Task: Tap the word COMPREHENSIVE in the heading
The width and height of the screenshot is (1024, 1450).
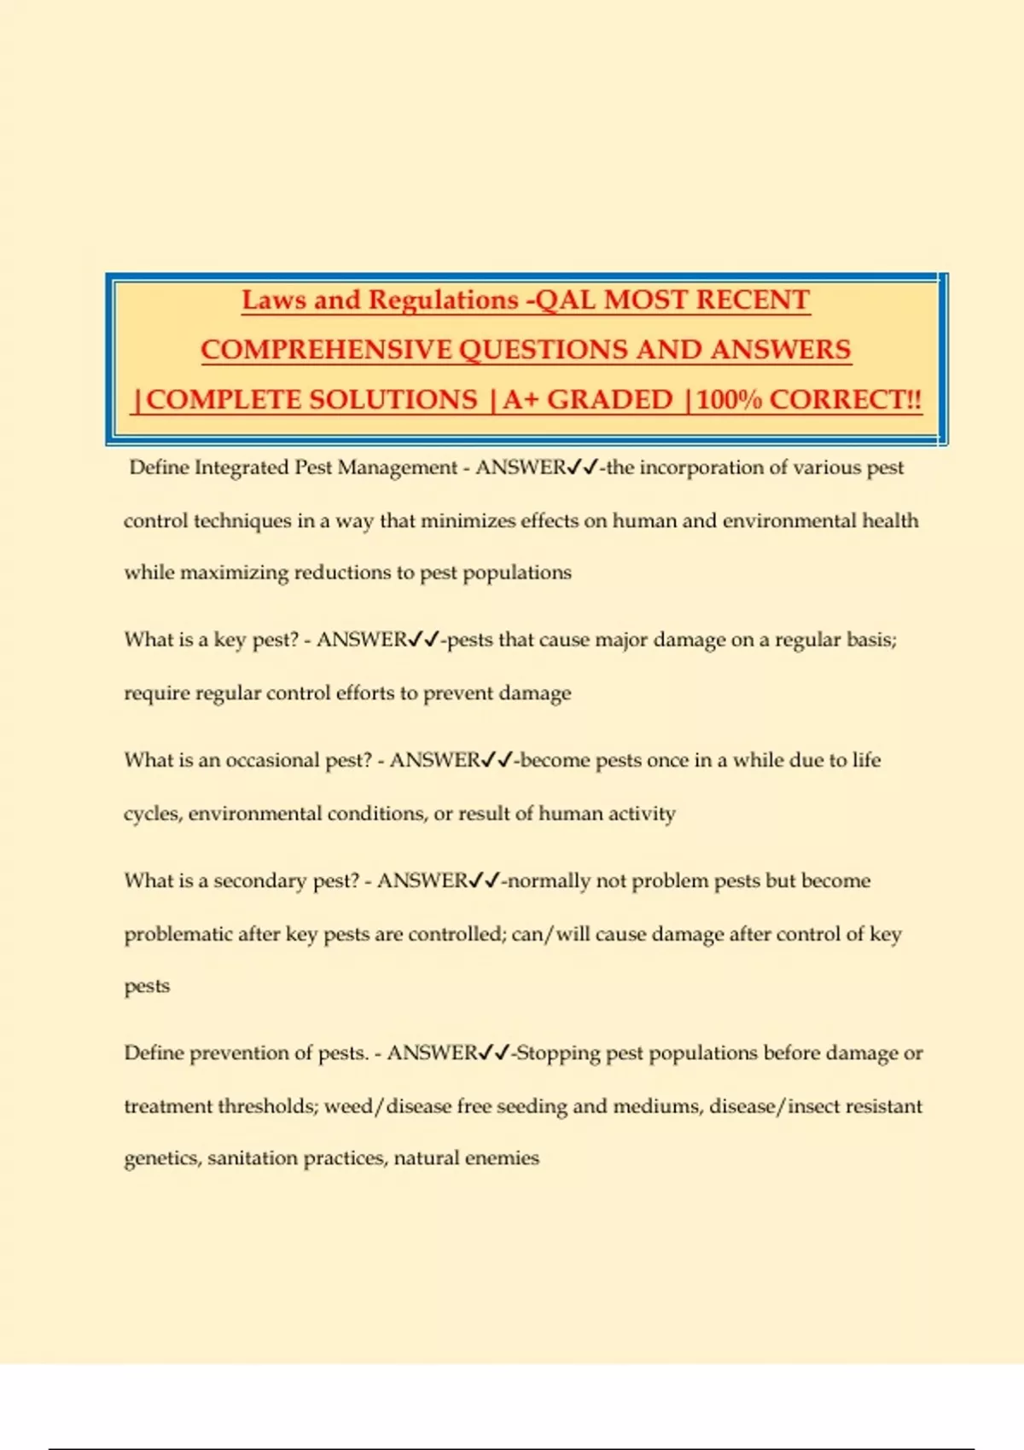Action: tap(326, 350)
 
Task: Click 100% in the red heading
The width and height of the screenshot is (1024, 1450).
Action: tap(730, 399)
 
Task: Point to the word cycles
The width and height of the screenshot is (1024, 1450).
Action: tap(151, 814)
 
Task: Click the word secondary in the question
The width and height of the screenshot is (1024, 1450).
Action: tap(260, 880)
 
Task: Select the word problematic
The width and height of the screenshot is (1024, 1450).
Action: tap(177, 934)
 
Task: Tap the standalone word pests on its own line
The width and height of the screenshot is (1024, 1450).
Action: tap(147, 986)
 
